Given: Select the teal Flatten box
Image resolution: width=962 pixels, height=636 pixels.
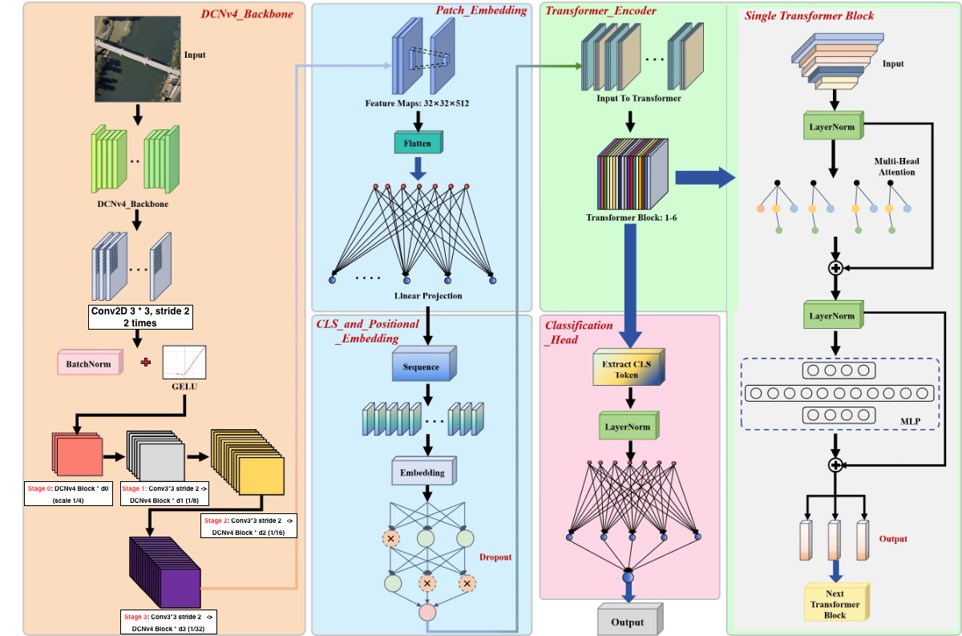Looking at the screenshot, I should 418,144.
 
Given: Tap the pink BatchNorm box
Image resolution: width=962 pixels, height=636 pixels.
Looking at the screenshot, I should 91,363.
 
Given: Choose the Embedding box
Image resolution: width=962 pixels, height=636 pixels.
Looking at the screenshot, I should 422,472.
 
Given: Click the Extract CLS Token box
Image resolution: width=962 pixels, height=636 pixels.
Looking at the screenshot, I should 631,368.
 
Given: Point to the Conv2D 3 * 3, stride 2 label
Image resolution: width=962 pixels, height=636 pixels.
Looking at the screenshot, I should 140,316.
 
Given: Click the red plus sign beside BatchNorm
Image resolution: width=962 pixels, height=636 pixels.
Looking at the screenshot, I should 145,363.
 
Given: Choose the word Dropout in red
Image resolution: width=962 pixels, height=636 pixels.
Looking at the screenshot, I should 495,557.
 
